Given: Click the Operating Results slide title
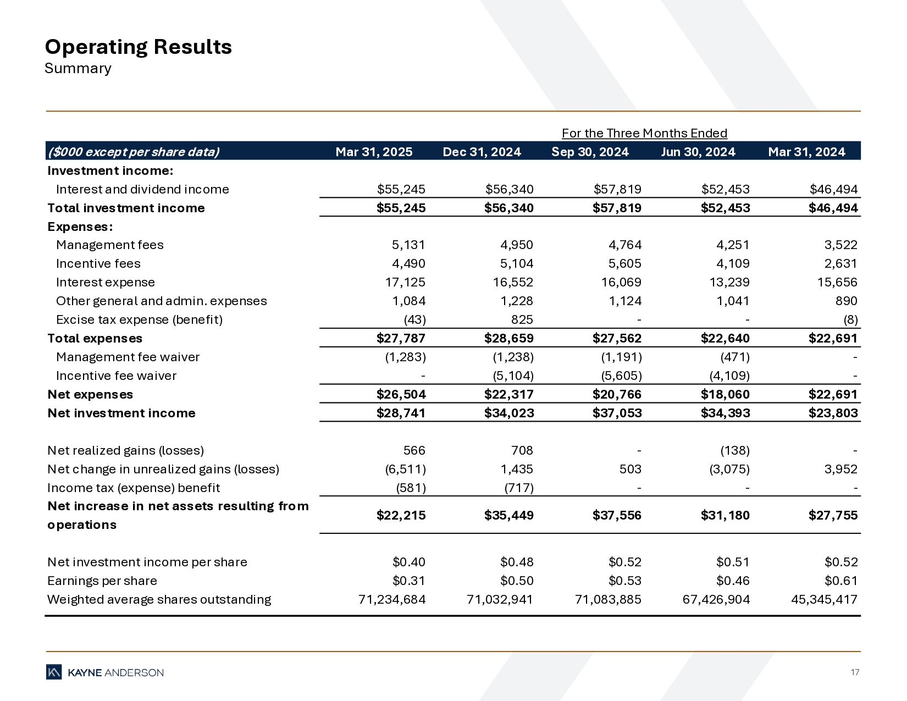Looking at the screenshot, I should point(138,47).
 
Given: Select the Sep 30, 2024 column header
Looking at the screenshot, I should point(590,152).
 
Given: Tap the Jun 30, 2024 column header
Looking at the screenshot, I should point(698,152).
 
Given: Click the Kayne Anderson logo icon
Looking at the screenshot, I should point(54,672).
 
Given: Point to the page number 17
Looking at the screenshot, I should point(855,672).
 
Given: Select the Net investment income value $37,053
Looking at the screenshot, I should point(617,413).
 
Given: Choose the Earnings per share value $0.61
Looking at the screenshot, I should point(841,581).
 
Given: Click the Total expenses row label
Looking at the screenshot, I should point(95,338).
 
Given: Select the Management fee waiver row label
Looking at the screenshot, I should point(128,357).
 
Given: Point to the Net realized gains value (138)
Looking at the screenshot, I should point(735,450).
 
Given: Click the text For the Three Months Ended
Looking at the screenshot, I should point(644,133).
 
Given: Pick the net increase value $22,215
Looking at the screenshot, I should point(401,515).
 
